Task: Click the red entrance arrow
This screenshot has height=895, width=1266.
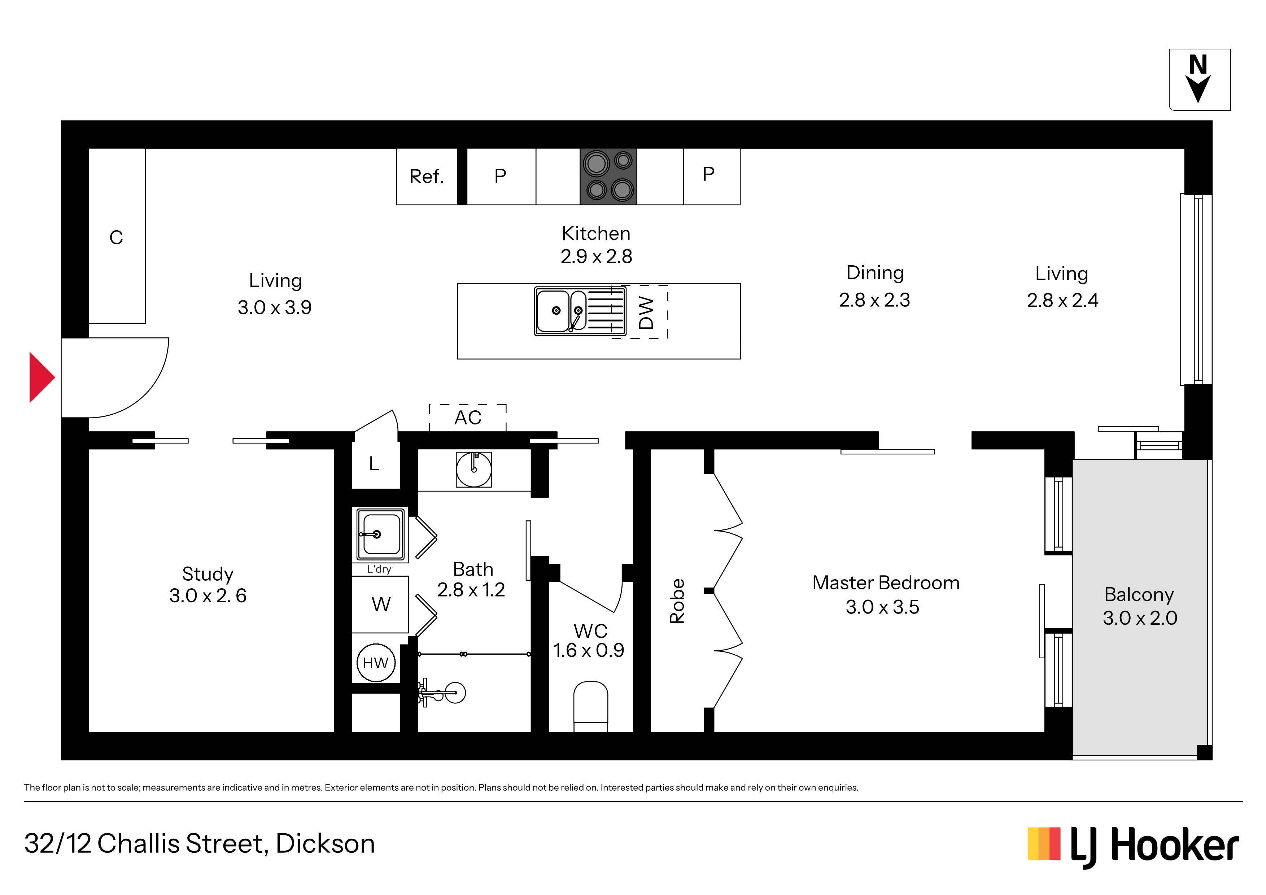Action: click(x=42, y=378)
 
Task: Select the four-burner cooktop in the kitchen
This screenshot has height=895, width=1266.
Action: click(x=608, y=176)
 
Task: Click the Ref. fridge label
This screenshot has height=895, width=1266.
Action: click(x=426, y=176)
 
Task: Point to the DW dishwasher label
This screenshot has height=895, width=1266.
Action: click(x=646, y=313)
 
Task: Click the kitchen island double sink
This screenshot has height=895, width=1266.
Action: click(x=580, y=311)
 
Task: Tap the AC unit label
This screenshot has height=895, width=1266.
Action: click(x=468, y=418)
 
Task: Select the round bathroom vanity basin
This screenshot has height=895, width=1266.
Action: click(x=473, y=469)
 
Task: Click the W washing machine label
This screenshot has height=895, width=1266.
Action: click(x=381, y=604)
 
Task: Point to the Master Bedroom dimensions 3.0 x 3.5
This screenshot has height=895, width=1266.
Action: click(x=882, y=607)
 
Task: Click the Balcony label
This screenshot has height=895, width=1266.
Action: click(x=1139, y=594)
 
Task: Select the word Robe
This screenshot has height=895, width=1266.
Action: click(x=677, y=601)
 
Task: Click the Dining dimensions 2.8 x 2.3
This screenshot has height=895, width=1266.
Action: click(x=874, y=300)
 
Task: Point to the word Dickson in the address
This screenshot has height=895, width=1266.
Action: click(x=325, y=844)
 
